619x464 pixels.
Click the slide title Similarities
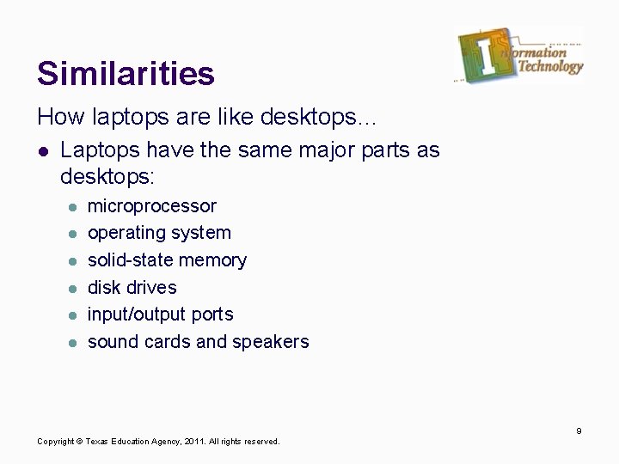[x=126, y=73]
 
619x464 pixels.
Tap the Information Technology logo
[x=519, y=56]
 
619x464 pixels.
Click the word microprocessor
[x=152, y=206]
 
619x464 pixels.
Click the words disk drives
[x=132, y=287]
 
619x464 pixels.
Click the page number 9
[x=579, y=430]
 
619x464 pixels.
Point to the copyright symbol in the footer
[x=79, y=442]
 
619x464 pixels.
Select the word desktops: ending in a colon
[x=107, y=178]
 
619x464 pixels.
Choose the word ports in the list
[x=212, y=314]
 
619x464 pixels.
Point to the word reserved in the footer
[x=261, y=442]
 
